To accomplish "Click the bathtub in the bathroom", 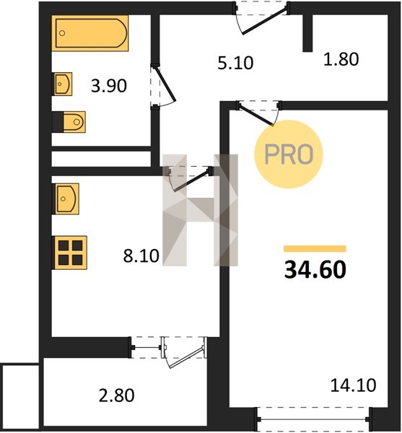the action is [90, 33].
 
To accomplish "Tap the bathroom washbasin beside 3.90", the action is [63, 84].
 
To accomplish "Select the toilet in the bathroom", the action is [69, 122].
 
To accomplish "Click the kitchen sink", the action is [66, 199].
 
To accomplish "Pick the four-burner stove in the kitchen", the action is [69, 253].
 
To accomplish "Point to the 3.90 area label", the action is [109, 86].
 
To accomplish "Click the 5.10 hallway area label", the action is [235, 63].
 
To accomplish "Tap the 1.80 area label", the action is [341, 59].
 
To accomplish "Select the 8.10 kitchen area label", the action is [141, 255].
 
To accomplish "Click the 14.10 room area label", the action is [353, 385].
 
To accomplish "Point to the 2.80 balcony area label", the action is [116, 395].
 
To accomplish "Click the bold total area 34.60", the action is [315, 270].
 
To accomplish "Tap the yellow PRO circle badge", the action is [289, 154].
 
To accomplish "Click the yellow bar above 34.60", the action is [315, 248].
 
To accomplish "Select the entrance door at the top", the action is [261, 17].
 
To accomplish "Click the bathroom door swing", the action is [163, 86].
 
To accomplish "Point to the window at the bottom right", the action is [313, 419].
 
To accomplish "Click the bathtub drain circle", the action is [62, 33].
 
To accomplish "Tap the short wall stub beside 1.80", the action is [307, 33].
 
